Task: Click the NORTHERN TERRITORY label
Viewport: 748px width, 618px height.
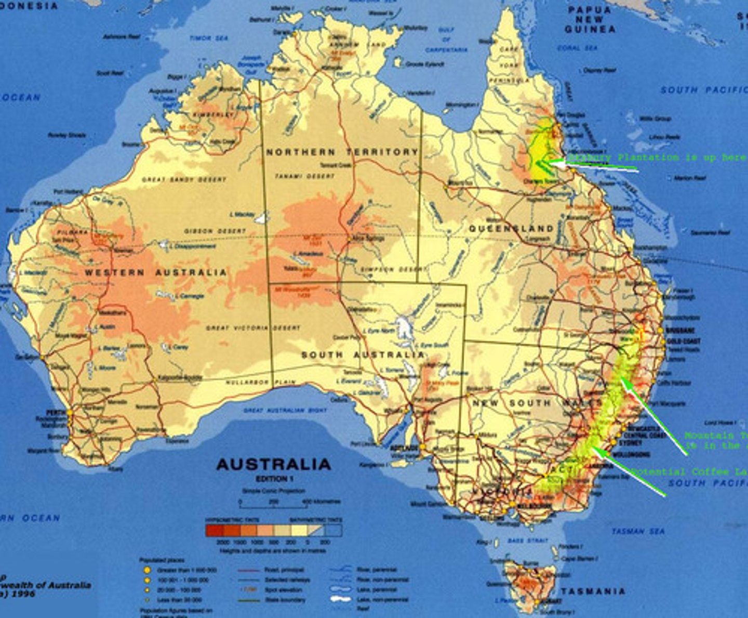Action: pos(342,152)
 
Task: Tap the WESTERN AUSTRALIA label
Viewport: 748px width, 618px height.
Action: pos(156,272)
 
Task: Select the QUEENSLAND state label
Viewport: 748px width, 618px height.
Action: pos(512,229)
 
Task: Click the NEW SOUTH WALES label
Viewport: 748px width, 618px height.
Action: pos(535,403)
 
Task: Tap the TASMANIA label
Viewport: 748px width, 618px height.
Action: pos(593,591)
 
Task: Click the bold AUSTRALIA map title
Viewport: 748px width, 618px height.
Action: pos(273,464)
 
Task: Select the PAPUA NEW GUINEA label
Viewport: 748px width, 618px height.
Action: pos(590,20)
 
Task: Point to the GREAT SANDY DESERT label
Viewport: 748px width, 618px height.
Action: pos(184,179)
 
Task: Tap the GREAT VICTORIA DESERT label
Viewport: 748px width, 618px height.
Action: pos(253,328)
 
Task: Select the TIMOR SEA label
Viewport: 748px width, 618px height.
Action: pos(208,38)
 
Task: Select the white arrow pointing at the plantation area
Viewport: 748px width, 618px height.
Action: pos(597,165)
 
